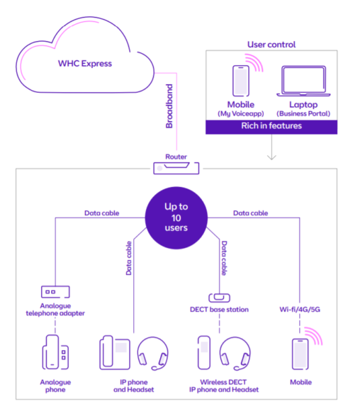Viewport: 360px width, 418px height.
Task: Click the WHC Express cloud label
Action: [85, 64]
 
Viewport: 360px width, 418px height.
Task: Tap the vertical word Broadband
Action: [169, 106]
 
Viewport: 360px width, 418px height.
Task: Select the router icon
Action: [176, 168]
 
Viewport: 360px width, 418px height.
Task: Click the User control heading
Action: [271, 45]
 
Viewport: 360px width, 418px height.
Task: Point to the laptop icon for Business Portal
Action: [303, 81]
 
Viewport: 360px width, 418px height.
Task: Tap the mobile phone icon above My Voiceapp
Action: [241, 81]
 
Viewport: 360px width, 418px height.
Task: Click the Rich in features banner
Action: [271, 127]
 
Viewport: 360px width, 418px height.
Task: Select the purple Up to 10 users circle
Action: [176, 218]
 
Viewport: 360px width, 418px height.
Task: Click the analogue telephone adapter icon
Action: [55, 292]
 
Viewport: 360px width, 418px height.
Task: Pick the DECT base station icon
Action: [219, 298]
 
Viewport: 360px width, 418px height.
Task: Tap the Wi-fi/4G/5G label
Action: [300, 310]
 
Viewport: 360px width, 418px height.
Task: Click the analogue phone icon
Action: [55, 352]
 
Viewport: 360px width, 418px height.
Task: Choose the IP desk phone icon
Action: [115, 352]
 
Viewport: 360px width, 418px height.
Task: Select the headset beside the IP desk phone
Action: [152, 354]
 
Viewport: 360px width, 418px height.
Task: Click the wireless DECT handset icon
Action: [204, 352]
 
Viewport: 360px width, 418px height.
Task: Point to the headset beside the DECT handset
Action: [235, 354]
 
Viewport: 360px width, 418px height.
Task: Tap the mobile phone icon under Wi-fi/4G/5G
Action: [300, 354]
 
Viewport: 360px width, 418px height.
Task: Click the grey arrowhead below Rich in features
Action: [271, 157]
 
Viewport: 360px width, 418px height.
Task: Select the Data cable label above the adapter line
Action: [101, 213]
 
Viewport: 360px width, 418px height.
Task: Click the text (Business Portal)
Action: [303, 114]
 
